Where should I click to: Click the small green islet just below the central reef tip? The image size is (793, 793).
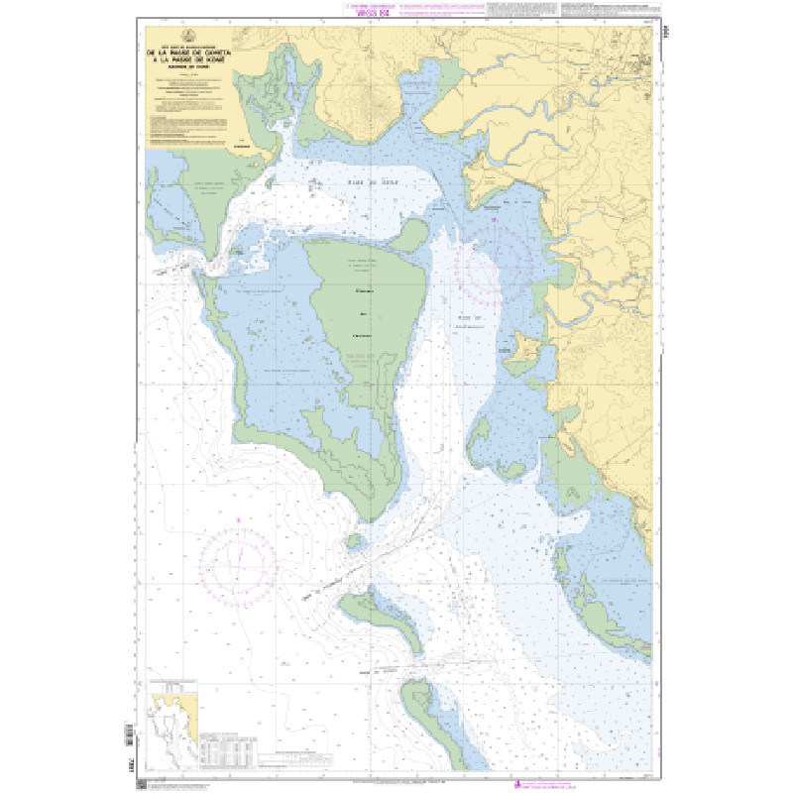click(x=353, y=539)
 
